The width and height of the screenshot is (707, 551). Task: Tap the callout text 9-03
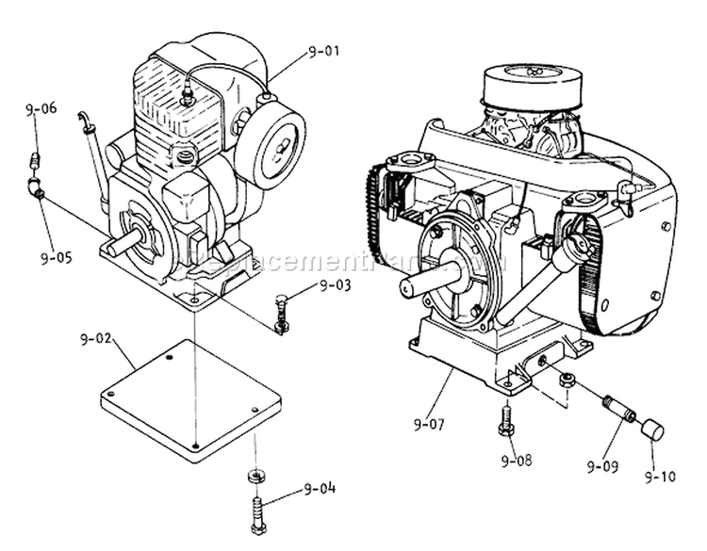click(337, 284)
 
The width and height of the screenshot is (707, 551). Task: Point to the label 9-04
click(320, 489)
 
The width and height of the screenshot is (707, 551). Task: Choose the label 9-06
click(41, 109)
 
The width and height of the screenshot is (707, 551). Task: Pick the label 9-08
click(517, 461)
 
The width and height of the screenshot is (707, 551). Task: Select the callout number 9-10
click(660, 477)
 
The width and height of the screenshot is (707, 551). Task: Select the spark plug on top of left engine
click(188, 95)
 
